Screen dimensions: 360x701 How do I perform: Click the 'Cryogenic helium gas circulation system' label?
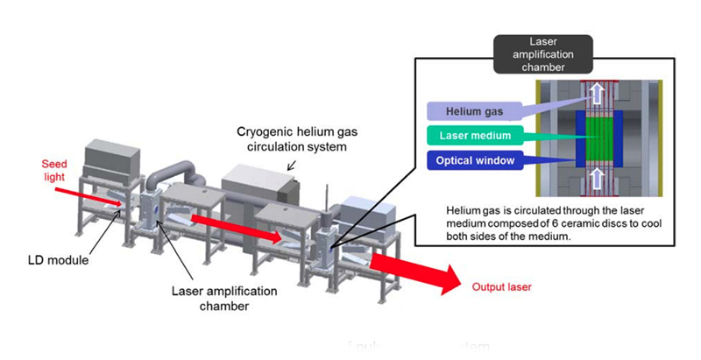point(287,139)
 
